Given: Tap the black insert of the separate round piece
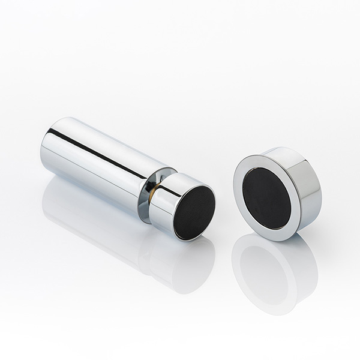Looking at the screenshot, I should (x=266, y=197).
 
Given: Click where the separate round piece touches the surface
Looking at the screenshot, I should (x=282, y=239).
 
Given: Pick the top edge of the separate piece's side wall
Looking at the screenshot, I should (x=288, y=150).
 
